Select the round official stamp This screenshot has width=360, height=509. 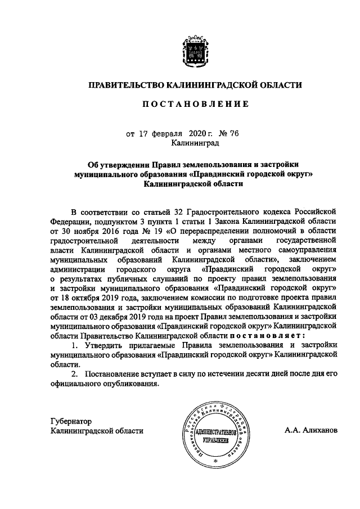click(215, 436)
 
